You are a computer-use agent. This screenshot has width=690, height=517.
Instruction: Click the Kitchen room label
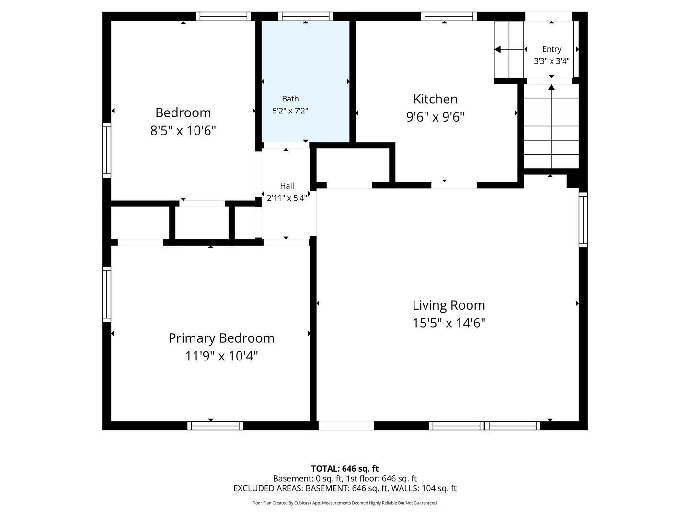click(x=435, y=99)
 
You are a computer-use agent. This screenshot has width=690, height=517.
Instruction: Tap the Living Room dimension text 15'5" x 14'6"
click(x=448, y=323)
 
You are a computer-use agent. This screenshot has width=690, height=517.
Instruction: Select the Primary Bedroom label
click(x=221, y=338)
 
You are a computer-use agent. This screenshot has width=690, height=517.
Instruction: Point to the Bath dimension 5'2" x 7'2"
click(x=290, y=111)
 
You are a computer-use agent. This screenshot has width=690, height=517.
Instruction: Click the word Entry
click(x=552, y=49)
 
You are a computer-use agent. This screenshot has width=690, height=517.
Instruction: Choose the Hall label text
click(x=287, y=186)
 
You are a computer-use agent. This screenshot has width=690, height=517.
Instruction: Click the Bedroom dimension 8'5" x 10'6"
click(x=183, y=131)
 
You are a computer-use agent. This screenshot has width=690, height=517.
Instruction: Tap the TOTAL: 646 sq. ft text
click(x=345, y=469)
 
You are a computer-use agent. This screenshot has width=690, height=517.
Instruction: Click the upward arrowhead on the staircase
click(x=552, y=87)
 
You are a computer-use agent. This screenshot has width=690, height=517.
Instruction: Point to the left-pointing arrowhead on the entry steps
click(x=498, y=50)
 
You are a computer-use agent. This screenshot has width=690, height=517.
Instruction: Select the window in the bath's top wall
click(x=305, y=16)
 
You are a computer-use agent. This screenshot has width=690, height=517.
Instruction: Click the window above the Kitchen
click(x=448, y=16)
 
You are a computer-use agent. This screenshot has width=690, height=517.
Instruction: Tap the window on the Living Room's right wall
click(x=583, y=220)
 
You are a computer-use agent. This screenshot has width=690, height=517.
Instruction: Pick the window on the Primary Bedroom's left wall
click(x=106, y=294)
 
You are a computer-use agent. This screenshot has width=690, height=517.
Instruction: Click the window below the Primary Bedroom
click(x=215, y=426)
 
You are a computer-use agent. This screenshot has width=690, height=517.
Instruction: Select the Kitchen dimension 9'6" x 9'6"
click(x=435, y=117)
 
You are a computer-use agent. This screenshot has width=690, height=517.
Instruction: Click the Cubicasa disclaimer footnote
click(x=345, y=503)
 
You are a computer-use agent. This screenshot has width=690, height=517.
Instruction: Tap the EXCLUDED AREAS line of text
click(x=345, y=488)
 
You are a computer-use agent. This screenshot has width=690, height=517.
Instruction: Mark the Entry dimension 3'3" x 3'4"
click(x=552, y=61)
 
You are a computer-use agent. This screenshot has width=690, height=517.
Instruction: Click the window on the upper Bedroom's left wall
click(x=106, y=150)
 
